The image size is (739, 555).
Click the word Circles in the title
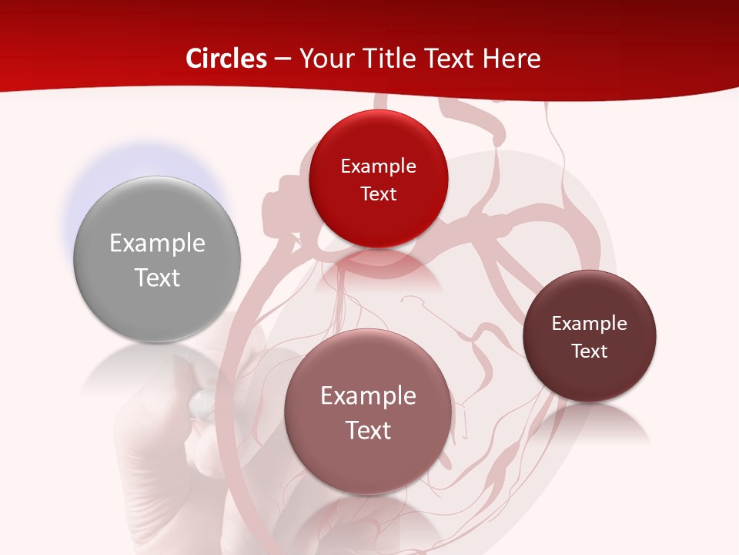point(226,59)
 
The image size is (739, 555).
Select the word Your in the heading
point(326,59)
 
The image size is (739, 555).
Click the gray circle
point(157,231)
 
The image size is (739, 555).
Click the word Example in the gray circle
point(157,244)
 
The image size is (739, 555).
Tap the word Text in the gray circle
point(157,277)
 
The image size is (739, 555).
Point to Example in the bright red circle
point(378,166)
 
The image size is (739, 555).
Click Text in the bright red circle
point(378,194)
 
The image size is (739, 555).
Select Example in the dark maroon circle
point(590,324)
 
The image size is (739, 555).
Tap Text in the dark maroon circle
point(590,351)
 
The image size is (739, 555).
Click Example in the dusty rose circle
point(368,396)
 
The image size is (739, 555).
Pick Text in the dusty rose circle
point(368,430)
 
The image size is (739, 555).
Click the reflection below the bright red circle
point(379,270)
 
